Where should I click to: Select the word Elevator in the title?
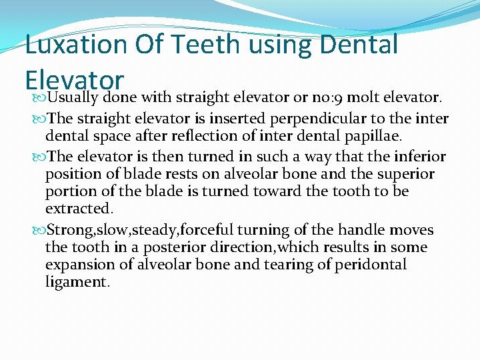(x=75, y=79)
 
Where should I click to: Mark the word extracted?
(x=75, y=209)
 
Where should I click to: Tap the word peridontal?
(x=373, y=265)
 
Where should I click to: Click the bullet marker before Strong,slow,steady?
(x=38, y=231)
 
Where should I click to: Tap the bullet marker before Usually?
(x=38, y=98)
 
